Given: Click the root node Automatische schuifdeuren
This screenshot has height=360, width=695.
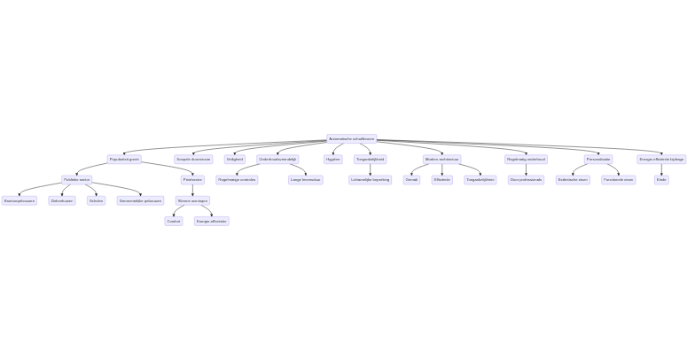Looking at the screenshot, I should tap(352, 139).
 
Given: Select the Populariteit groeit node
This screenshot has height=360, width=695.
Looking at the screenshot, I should tap(124, 160).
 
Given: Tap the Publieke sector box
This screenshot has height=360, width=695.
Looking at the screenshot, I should tap(77, 180).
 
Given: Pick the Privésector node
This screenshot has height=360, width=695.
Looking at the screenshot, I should tap(192, 180).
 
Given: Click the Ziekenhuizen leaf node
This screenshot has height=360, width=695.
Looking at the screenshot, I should tap(62, 200).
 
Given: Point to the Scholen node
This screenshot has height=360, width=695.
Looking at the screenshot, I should tap(96, 200).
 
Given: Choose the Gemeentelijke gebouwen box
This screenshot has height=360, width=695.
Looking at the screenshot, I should tap(141, 200).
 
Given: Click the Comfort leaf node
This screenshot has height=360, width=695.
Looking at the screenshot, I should tap(174, 221).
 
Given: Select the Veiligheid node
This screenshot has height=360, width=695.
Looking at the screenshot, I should tap(234, 160).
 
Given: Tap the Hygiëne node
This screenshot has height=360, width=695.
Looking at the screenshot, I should tap(333, 160).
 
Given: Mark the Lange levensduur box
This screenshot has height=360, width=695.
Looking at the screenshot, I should tap(305, 180).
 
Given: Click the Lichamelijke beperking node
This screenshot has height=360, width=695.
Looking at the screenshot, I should tap(370, 180).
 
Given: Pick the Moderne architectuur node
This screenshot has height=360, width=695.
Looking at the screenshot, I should tap(442, 160).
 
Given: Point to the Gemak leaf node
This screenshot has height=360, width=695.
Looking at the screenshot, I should tap(411, 180).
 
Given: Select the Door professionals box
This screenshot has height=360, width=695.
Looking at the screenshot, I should tap(526, 180).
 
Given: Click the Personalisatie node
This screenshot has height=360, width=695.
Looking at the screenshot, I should tap(598, 160).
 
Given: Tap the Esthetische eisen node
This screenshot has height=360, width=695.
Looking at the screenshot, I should tap(573, 180).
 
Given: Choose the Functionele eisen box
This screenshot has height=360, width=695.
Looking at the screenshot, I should tap(618, 180).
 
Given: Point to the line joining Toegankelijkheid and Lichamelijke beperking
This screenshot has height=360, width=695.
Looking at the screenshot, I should tap(370, 169).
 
